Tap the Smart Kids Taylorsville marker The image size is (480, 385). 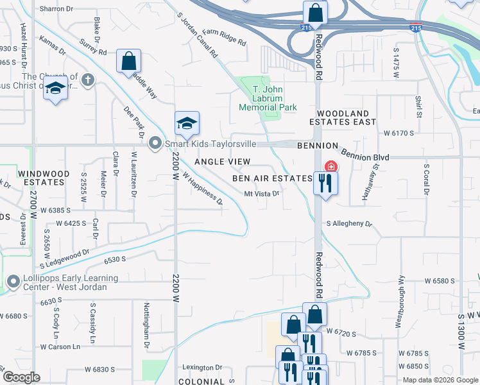coord(155,144)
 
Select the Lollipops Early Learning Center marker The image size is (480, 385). coord(13,282)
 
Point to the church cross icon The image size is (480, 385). coord(88,81)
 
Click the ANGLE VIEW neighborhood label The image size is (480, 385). coord(222,161)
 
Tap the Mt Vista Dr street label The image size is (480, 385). coord(262,193)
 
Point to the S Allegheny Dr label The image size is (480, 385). coord(349,224)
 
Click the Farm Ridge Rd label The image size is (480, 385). coord(225,38)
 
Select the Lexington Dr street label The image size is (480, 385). coord(202,368)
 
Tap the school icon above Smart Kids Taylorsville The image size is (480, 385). coord(187,123)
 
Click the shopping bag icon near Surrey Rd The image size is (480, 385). coord(129,61)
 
